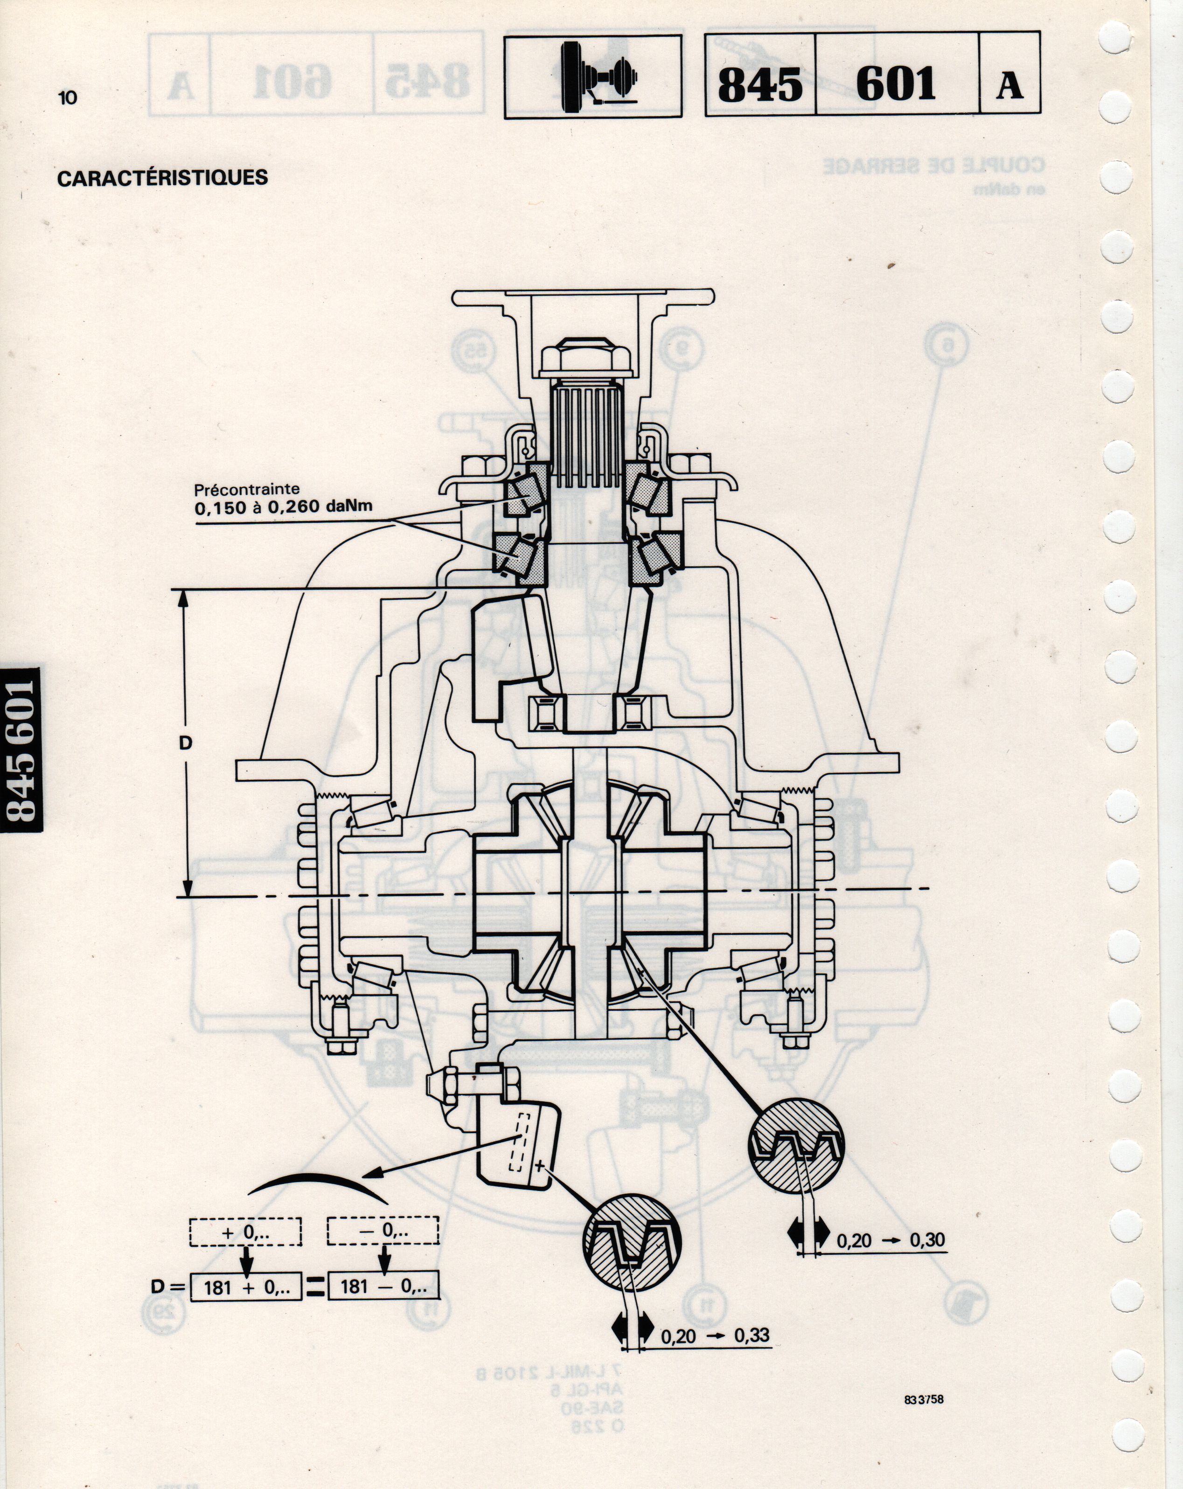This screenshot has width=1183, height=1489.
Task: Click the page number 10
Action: [x=68, y=97]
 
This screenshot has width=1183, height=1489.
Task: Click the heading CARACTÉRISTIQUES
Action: [x=162, y=177]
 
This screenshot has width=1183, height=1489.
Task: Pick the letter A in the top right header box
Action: [x=1009, y=85]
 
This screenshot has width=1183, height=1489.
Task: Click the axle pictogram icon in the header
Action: [x=592, y=77]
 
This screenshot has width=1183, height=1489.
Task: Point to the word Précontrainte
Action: [x=247, y=490]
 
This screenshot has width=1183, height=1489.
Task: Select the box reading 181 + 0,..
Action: [x=245, y=1287]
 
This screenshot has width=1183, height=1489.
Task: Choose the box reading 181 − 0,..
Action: [x=383, y=1287]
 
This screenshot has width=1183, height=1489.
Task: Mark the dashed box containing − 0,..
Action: [x=383, y=1230]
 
